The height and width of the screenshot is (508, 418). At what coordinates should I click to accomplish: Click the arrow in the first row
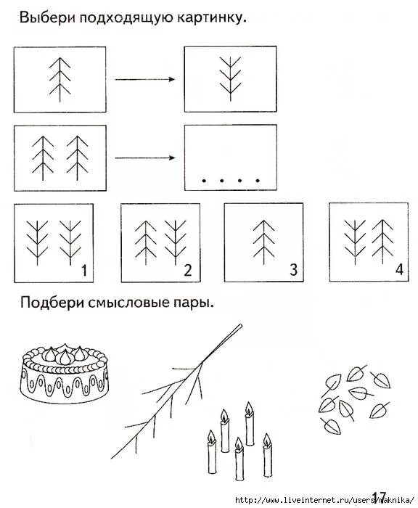click(144, 80)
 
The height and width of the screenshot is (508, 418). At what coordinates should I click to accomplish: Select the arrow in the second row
click(144, 157)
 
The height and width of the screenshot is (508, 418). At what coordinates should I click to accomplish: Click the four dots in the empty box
click(231, 179)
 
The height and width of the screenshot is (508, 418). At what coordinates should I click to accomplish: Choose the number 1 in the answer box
click(83, 271)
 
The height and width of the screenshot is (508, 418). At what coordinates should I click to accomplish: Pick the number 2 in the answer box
click(187, 271)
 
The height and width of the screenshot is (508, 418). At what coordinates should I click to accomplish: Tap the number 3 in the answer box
click(293, 271)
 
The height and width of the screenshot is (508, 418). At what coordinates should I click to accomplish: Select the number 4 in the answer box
click(398, 271)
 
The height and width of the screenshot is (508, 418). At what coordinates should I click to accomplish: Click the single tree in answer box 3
click(262, 240)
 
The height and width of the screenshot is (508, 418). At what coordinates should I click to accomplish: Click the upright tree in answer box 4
click(382, 239)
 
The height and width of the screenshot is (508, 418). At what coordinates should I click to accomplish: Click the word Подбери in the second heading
click(52, 302)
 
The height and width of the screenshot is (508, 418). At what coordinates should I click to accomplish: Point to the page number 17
click(380, 497)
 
